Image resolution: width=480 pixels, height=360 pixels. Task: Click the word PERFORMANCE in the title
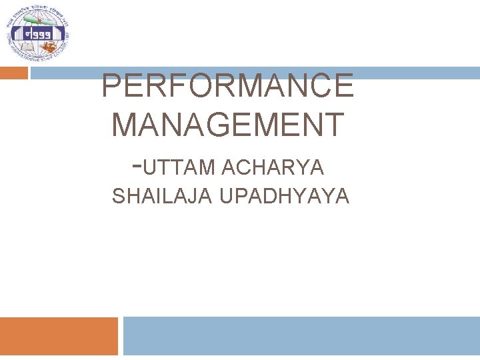pyautogui.click(x=227, y=87)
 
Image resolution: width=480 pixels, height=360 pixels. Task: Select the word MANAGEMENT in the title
pyautogui.click(x=228, y=125)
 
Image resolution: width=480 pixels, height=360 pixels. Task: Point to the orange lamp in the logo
pyautogui.click(x=51, y=47)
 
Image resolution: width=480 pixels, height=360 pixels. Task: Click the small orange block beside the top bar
pyautogui.click(x=13, y=73)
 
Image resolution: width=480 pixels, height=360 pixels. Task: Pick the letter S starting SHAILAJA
pyautogui.click(x=118, y=197)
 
